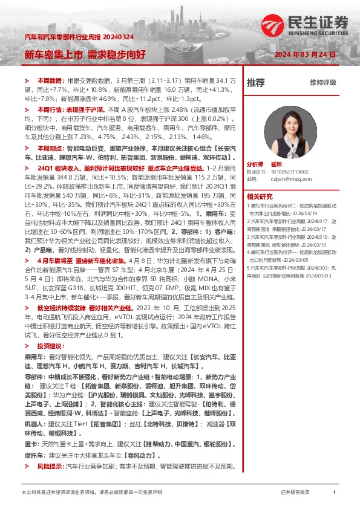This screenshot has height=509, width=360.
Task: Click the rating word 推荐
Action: pyautogui.click(x=256, y=82)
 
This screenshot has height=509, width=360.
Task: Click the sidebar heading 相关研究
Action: pyautogui.click(x=260, y=196)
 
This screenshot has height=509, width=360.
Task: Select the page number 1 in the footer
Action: pyautogui.click(x=334, y=493)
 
